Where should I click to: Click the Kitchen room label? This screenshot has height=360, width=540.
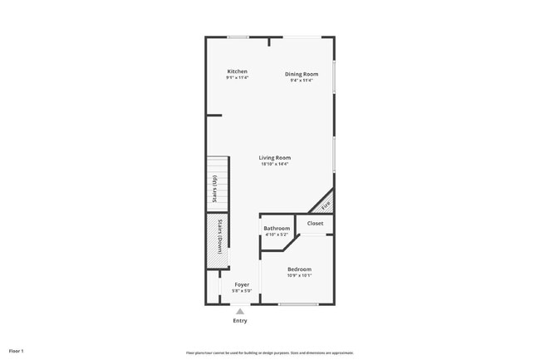237,72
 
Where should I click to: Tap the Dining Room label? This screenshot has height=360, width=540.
302,74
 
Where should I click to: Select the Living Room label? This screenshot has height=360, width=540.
274,157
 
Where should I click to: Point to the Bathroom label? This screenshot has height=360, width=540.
277,228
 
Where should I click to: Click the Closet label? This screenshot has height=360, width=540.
316,223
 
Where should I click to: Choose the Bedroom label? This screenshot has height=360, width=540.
299,269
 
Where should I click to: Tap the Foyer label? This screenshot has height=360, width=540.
242,284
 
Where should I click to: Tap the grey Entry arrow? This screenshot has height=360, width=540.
240,311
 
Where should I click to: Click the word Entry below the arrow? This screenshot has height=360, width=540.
240,320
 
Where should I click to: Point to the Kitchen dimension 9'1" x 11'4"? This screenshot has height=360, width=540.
237,78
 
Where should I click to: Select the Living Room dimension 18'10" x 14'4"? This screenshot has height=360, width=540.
274,164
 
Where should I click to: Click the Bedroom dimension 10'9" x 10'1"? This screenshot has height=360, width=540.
299,275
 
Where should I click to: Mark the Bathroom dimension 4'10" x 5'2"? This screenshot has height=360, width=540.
277,234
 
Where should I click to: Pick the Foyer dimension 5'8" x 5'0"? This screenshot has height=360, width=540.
242,291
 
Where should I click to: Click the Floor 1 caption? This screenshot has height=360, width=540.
17,351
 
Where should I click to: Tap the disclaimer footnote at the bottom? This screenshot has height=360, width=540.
269,353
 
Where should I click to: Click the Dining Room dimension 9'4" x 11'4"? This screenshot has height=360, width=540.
302,81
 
